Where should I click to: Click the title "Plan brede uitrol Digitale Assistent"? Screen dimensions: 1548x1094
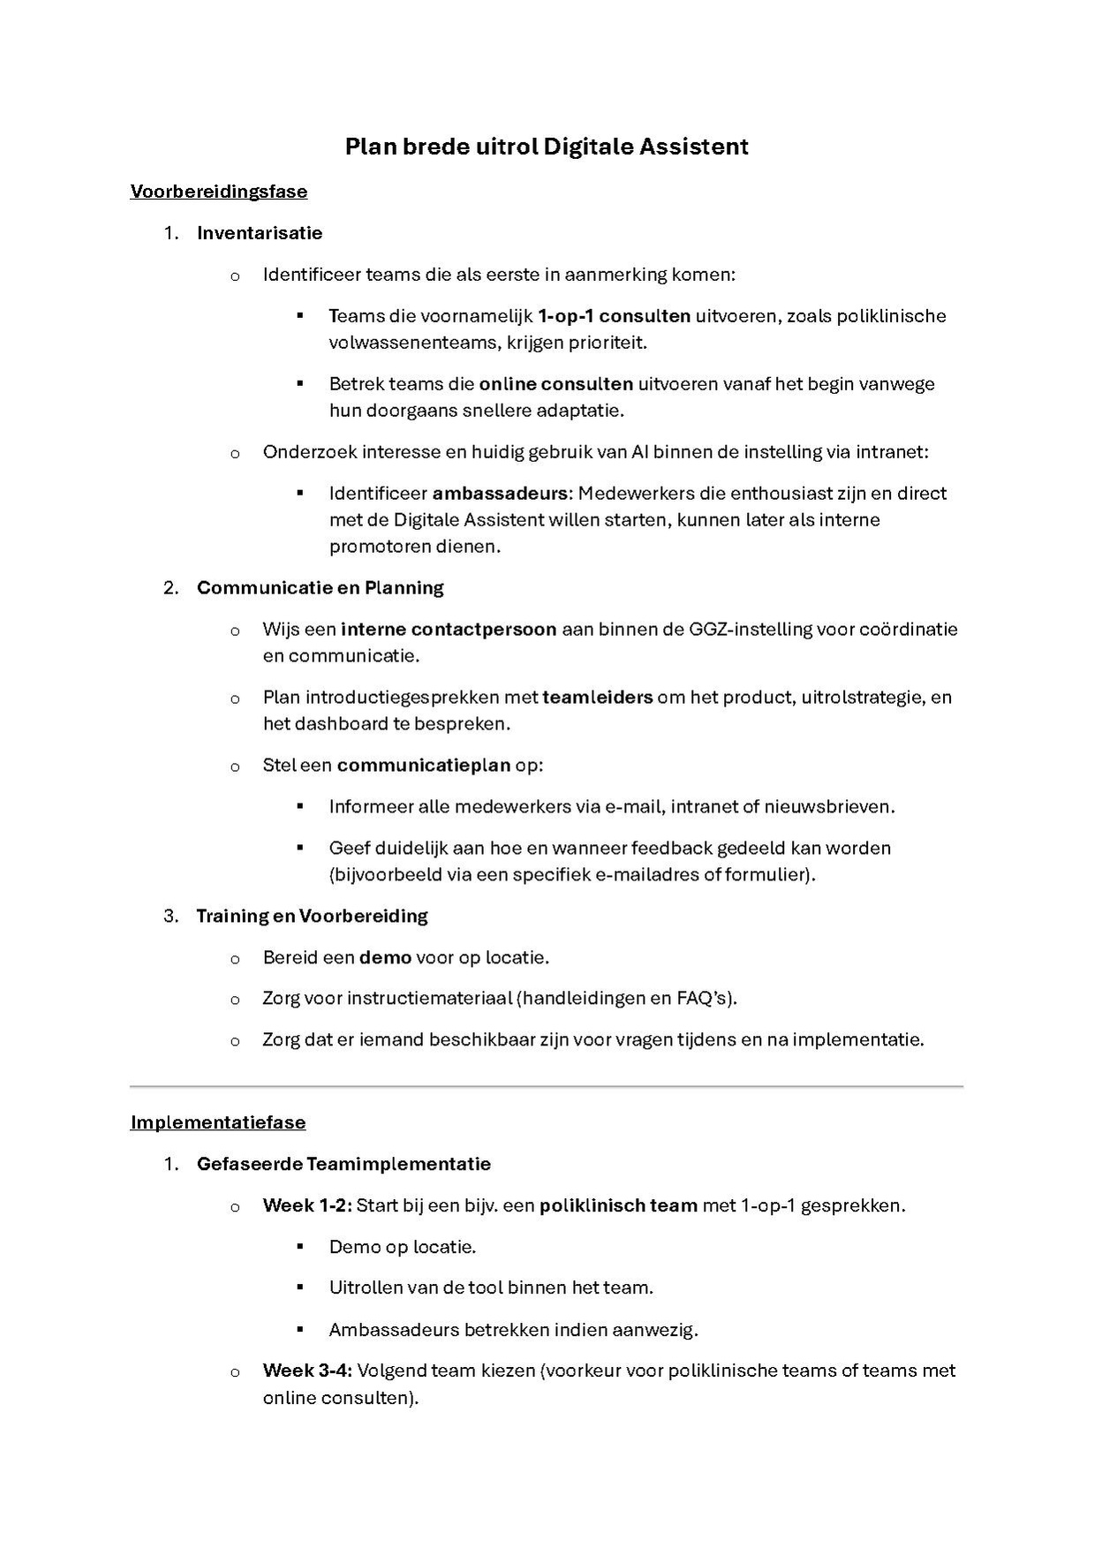coord(547,147)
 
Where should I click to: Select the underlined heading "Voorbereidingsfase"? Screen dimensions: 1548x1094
coord(219,192)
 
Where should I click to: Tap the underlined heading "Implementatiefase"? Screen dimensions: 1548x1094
coord(218,1122)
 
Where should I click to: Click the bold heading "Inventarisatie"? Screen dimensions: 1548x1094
coord(260,233)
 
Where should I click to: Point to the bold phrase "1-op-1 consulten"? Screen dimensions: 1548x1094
coord(614,316)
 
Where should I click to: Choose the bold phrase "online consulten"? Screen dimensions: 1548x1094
coord(556,384)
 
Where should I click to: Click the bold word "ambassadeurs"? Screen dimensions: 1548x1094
coord(499,494)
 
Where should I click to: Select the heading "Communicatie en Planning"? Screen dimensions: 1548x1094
coord(320,588)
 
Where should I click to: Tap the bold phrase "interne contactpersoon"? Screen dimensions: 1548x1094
coord(449,630)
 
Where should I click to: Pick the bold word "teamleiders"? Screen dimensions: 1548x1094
coord(598,698)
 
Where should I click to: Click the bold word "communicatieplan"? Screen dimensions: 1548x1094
coord(424,765)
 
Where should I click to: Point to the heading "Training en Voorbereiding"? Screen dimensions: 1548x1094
coord(312,916)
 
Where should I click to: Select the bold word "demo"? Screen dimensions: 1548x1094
coord(385,957)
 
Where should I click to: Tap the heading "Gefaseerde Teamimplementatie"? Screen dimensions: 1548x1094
coord(343,1164)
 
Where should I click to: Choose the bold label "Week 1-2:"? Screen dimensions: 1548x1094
coord(307,1205)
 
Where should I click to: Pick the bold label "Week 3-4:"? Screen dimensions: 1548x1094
coord(307,1371)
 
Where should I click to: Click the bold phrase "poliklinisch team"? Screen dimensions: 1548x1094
coord(618,1205)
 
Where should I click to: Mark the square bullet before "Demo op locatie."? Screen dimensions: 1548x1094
coord(300,1245)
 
